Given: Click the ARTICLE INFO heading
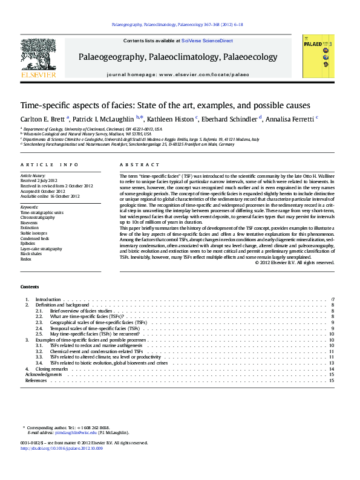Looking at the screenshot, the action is pos(49,164).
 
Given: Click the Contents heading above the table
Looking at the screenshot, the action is pos(29,286).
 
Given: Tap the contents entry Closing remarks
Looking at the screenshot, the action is pos(51,368).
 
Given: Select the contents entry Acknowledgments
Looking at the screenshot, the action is pos(42,374).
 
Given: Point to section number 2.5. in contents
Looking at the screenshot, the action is pos(39,334).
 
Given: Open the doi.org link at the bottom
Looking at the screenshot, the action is pos(62,448).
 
